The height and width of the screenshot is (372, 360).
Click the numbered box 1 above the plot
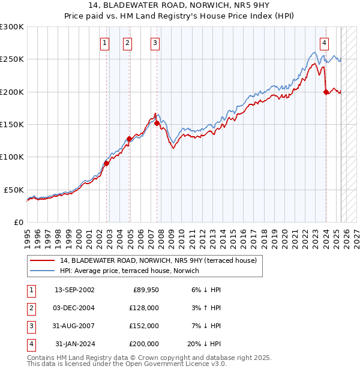pyautogui.click(x=105, y=43)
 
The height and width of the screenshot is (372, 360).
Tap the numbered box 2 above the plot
pyautogui.click(x=128, y=43)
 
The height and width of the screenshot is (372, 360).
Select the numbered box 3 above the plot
pyautogui.click(x=155, y=43)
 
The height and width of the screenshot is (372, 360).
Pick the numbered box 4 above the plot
pyautogui.click(x=324, y=43)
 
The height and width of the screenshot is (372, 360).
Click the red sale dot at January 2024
pyautogui.click(x=326, y=92)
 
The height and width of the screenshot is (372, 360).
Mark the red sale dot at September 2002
pyautogui.click(x=106, y=163)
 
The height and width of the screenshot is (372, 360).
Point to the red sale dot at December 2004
pyautogui.click(x=129, y=139)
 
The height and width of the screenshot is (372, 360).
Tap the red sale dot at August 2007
pyautogui.click(x=157, y=123)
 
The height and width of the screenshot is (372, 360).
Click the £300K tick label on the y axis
pyautogui.click(x=12, y=27)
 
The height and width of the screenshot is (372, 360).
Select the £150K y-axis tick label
pyautogui.click(x=12, y=124)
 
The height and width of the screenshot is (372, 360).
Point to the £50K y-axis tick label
pyautogui.click(x=14, y=190)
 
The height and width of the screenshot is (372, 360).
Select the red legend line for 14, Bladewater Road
pyautogui.click(x=43, y=260)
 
